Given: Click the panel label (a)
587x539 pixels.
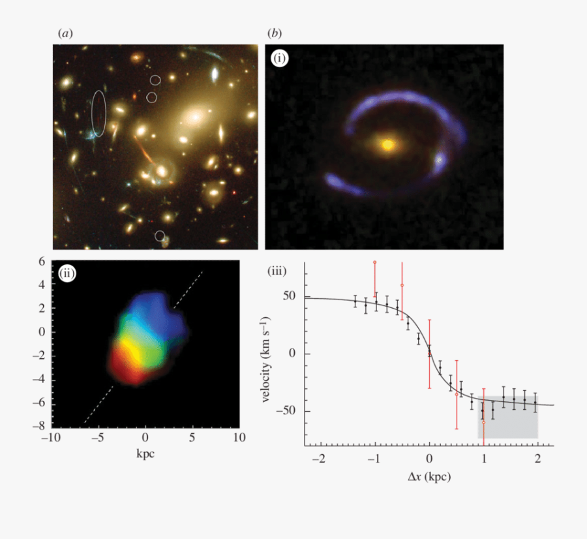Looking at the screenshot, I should (x=64, y=33).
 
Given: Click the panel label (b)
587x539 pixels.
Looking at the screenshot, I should (x=275, y=33).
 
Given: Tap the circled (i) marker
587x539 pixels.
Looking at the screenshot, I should (x=280, y=59).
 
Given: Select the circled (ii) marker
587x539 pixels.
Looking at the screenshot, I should (x=67, y=273).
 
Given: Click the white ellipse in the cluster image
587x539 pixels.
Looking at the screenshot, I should (x=98, y=114).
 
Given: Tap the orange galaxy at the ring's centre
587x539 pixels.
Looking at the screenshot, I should (x=387, y=144).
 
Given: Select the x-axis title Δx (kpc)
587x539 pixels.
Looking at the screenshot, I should (x=429, y=476).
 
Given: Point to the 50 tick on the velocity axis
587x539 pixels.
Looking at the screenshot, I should (x=290, y=296).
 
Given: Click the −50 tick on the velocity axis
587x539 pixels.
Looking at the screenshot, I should (x=286, y=411).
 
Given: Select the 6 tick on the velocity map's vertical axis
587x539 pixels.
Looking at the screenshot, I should (x=41, y=261).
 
